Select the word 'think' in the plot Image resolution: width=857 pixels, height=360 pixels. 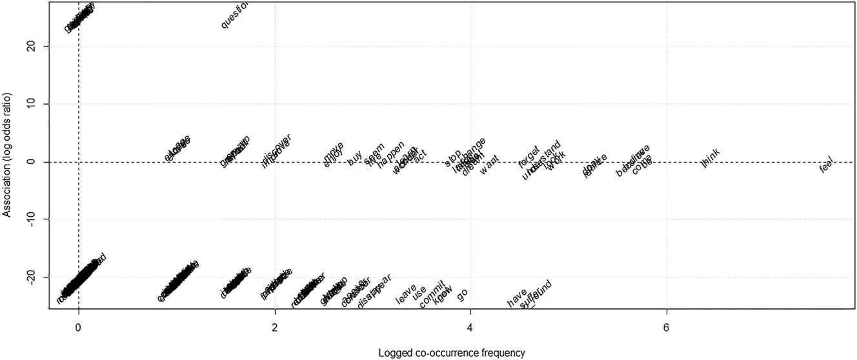tap(710, 157)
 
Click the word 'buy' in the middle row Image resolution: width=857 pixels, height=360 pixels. tap(354, 158)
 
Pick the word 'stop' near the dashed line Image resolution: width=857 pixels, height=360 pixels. tap(453, 156)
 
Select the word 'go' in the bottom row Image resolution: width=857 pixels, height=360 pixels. tap(462, 294)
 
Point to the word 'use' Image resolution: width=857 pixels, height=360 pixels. tap(419, 292)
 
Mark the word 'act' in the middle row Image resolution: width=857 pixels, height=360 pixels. tap(420, 155)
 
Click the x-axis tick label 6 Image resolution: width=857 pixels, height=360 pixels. tap(666, 328)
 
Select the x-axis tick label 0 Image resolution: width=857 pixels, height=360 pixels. tap(78, 328)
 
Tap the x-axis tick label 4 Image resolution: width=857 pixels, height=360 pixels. tap(470, 328)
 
